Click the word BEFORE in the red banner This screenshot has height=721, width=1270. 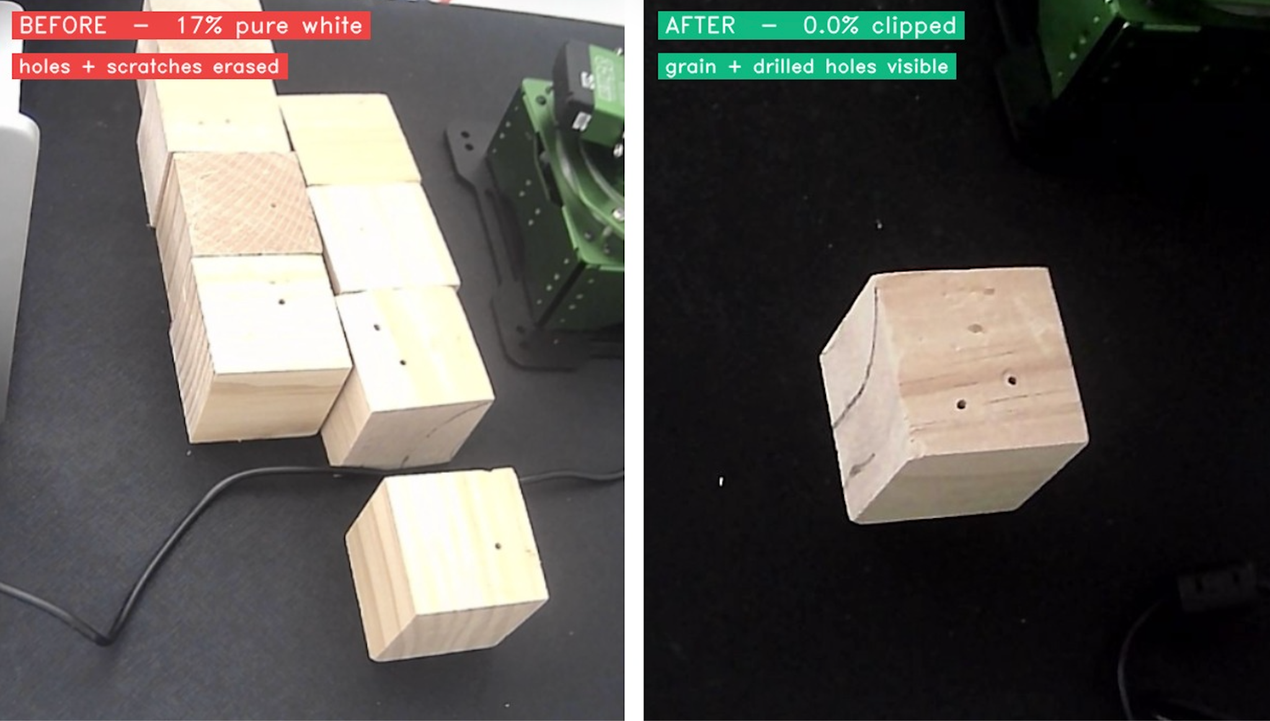(x=63, y=26)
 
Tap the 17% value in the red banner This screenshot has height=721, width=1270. (x=199, y=26)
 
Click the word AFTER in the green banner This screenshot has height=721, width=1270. (x=700, y=26)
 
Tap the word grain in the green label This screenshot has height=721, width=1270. (x=691, y=67)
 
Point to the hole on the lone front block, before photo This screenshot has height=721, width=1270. (x=498, y=547)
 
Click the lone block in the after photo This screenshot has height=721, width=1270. (x=954, y=395)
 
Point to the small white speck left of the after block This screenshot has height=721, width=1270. (x=721, y=481)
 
